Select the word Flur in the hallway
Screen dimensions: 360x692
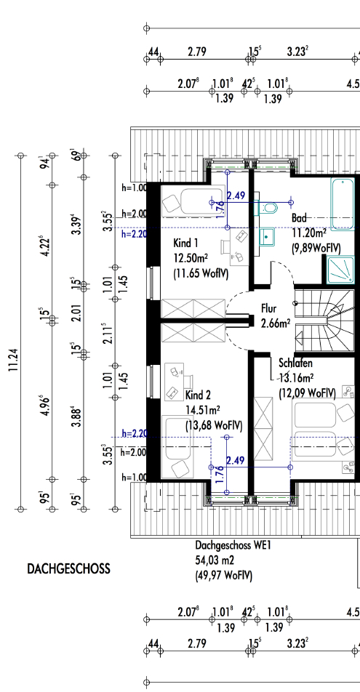point(268,307)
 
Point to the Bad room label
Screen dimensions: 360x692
point(299,218)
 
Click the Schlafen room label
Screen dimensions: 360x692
point(296,363)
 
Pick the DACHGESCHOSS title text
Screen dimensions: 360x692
point(68,568)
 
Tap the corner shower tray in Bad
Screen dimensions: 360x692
point(340,270)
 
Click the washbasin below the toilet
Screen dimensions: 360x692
point(267,236)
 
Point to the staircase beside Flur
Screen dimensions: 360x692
point(324,320)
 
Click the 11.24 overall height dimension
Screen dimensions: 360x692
point(14,360)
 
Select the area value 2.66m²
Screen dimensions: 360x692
point(276,323)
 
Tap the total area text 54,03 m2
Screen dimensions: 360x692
point(215,560)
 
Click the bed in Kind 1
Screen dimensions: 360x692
point(193,201)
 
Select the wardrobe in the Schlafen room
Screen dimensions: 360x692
point(264,429)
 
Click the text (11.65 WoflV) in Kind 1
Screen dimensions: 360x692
point(201,273)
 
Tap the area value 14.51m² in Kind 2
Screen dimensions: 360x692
point(203,410)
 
